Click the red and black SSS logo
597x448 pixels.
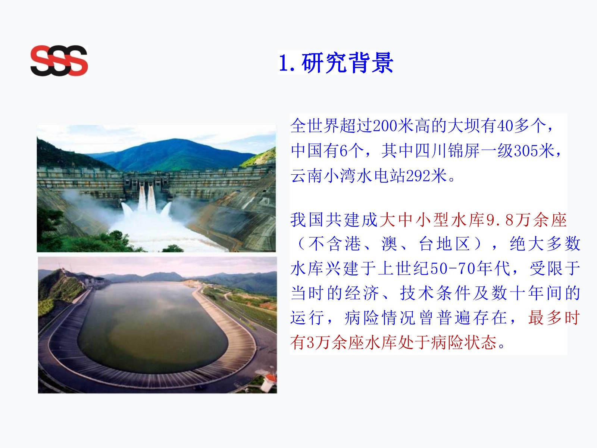coord(59,60)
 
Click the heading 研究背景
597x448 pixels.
coord(347,63)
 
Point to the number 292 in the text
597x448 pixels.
coord(418,176)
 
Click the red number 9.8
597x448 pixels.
coord(500,220)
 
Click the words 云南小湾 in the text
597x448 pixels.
coord(323,176)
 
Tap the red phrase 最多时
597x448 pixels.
coord(554,317)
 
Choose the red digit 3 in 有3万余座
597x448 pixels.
coord(310,342)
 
